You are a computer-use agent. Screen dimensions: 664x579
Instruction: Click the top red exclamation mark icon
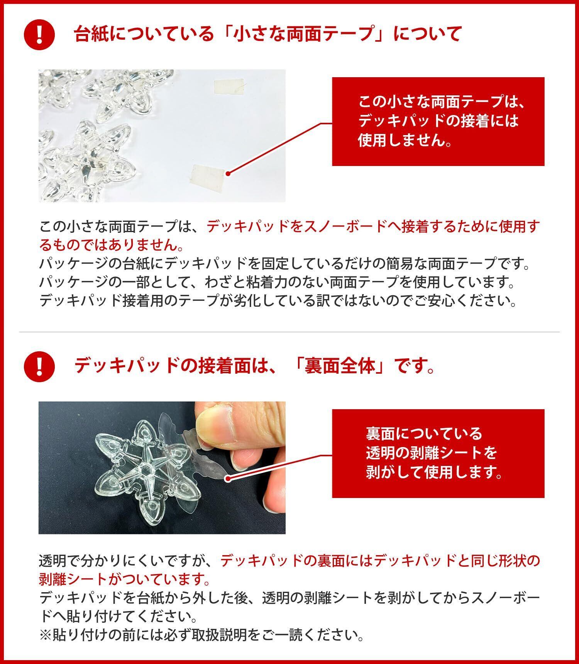pyautogui.click(x=39, y=34)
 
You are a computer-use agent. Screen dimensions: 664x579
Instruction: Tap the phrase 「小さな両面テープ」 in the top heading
pyautogui.click(x=301, y=34)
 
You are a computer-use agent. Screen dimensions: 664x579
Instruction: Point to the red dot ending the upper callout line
pyautogui.click(x=229, y=174)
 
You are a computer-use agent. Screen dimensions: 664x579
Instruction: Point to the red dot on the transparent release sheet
pyautogui.click(x=228, y=478)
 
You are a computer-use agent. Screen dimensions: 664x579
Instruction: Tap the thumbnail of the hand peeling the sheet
pyautogui.click(x=162, y=468)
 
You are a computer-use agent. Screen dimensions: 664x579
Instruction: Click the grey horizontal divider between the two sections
pyautogui.click(x=289, y=332)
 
